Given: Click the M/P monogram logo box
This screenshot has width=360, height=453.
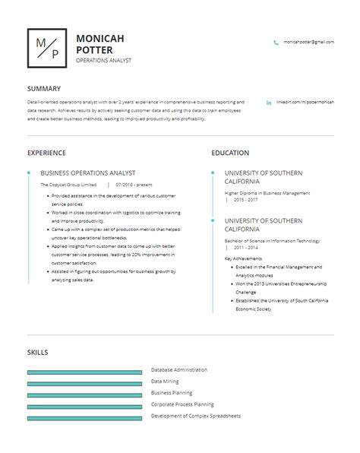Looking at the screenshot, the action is point(47,48).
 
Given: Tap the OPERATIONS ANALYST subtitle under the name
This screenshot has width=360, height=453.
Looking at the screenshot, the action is point(103,60).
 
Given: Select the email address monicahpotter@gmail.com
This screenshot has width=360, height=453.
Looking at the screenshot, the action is point(308,43).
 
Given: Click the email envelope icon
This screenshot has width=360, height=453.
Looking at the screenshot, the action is point(276,43).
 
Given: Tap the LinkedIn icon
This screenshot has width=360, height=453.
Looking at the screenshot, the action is point(269,101).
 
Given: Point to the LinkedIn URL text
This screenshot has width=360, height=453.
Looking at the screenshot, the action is point(305,101).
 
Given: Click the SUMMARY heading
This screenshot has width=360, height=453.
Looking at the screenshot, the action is point(44,88).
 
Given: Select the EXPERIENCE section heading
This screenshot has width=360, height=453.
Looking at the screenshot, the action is point(46,153).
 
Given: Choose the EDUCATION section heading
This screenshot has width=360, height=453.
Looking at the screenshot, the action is point(230,153).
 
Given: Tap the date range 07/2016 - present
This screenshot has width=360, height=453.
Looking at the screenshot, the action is point(134,185).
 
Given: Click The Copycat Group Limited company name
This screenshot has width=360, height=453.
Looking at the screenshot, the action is point(68,185).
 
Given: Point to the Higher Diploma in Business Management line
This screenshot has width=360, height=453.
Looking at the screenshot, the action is point(267,193).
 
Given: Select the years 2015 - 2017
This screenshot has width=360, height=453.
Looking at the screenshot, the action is point(245,200).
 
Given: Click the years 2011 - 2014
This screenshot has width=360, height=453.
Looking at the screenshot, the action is point(245,248).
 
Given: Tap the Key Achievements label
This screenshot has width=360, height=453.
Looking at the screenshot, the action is point(243,258).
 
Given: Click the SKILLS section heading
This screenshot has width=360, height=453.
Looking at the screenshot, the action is point(37,353).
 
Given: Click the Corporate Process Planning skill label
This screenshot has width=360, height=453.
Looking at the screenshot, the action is point(182,404).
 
